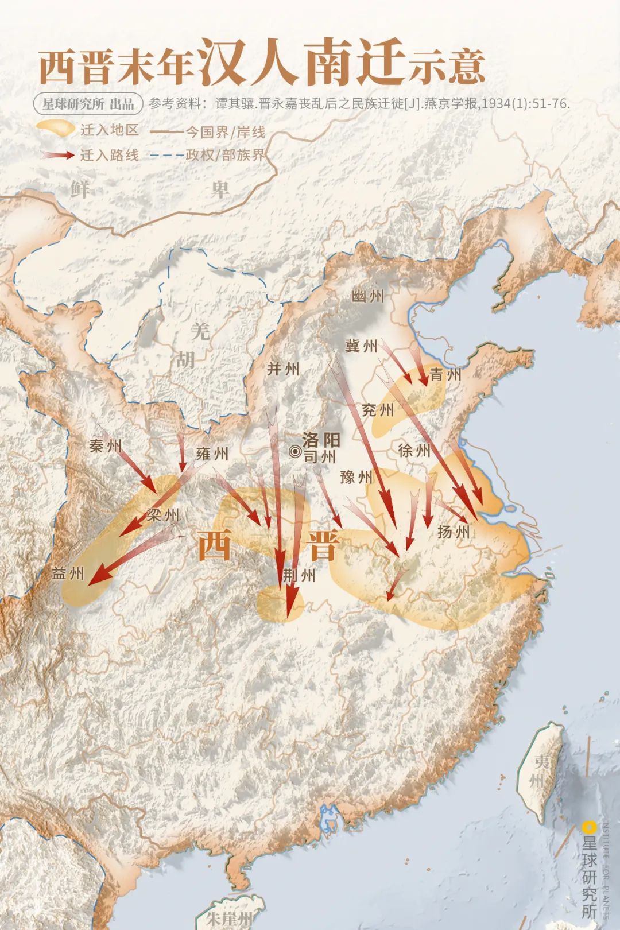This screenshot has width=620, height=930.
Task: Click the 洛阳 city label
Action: pos(321,440)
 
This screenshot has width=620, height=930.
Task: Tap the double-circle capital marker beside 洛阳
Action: pos(295,452)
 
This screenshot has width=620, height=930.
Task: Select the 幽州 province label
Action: pos(367,296)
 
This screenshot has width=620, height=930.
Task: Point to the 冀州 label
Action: pos(361,346)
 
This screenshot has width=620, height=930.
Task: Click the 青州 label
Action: pos(445,375)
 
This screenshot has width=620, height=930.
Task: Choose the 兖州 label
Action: pos(378,410)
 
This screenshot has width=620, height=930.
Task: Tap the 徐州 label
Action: pos(414,450)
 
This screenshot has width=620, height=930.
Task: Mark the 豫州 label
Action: pos(356,476)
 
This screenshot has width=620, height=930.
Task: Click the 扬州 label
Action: pos(454,532)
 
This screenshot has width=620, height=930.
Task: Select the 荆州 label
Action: pos(300,575)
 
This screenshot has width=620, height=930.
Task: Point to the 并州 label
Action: pos(283,369)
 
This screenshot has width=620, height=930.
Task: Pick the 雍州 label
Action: pos(212,454)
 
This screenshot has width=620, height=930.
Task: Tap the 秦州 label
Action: pos(105,445)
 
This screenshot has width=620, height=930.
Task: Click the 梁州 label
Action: pos(163,515)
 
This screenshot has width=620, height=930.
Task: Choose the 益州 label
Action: pos(68,573)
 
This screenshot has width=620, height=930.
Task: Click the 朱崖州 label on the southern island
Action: pos(230,917)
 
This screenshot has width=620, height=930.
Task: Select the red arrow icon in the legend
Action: pos(58,154)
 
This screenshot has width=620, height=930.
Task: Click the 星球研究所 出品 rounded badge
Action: pos(88,104)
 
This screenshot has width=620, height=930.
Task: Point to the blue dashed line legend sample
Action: pos(166,155)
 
